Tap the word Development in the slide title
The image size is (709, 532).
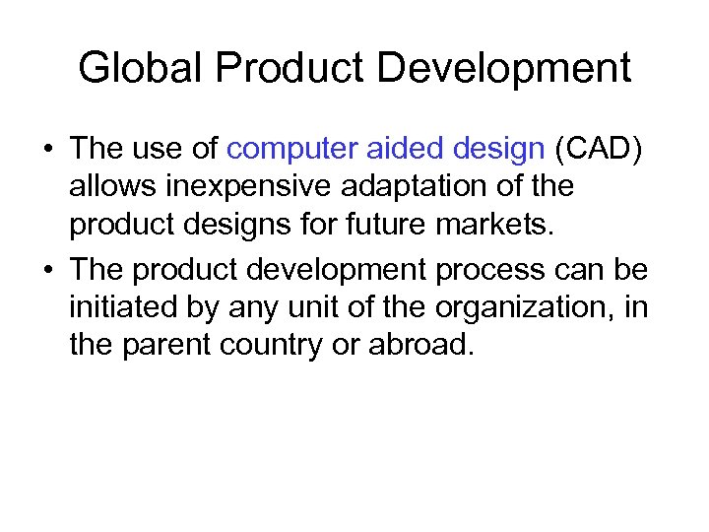[503, 68]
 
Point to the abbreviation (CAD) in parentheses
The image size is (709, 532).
[601, 149]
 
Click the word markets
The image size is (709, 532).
[503, 224]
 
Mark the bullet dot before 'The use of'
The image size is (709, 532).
[48, 151]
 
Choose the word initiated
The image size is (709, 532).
[122, 308]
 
